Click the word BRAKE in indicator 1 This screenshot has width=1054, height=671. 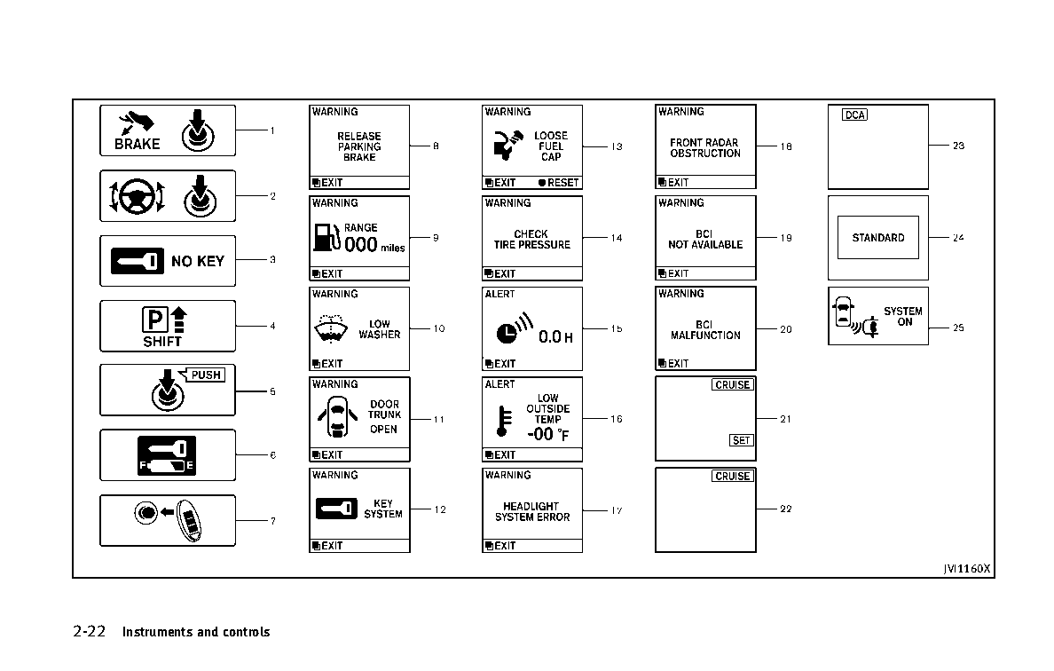[x=138, y=144]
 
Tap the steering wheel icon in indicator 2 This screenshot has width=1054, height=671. [x=138, y=196]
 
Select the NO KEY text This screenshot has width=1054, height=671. [x=198, y=261]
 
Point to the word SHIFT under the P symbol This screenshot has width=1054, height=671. [x=162, y=342]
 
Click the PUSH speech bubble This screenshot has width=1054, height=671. [x=205, y=375]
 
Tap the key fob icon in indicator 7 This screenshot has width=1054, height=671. [x=189, y=520]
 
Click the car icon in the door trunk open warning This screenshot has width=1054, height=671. [x=337, y=418]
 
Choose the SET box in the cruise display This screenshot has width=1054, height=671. [x=742, y=440]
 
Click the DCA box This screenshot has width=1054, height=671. [x=854, y=115]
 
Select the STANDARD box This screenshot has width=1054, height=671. [x=877, y=237]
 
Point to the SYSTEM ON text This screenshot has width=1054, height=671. [x=903, y=317]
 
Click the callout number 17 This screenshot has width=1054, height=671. [x=617, y=510]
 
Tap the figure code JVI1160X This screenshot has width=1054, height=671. [x=967, y=569]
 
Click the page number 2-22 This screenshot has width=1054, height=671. [x=90, y=631]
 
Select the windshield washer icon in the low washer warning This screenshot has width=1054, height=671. [x=331, y=328]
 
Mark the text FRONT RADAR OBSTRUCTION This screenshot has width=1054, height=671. [x=705, y=148]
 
